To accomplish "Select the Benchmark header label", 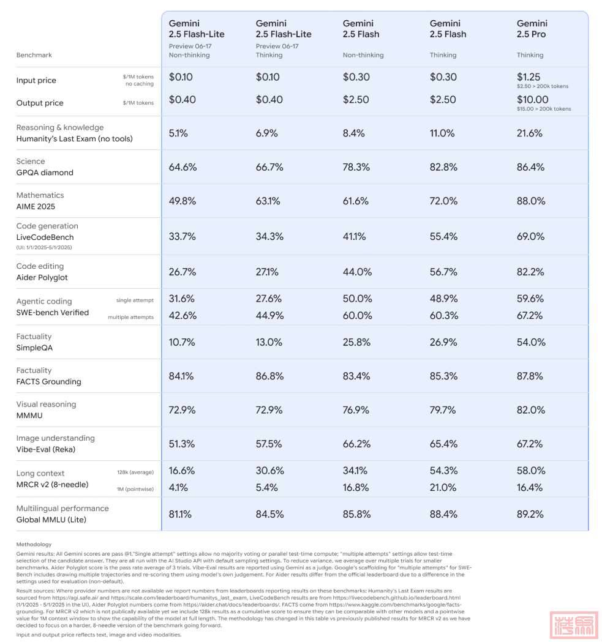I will click(34, 55).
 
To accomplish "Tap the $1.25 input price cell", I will click(529, 77).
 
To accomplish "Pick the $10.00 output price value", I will click(532, 100).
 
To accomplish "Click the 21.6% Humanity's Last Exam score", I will click(530, 133).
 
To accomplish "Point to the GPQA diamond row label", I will click(45, 173).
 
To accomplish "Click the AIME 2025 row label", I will click(36, 206).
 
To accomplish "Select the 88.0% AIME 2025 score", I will click(530, 201).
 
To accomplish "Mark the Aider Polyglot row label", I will click(42, 277).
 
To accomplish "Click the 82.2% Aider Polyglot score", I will click(530, 272).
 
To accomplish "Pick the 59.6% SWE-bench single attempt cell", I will click(530, 299).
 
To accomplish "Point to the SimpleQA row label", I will click(34, 348).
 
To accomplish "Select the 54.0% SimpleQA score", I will click(530, 342).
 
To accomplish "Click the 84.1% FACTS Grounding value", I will click(182, 376).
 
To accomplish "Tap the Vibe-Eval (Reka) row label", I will click(46, 449).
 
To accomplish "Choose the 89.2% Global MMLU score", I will click(530, 514).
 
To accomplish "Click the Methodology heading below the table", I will click(34, 544).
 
